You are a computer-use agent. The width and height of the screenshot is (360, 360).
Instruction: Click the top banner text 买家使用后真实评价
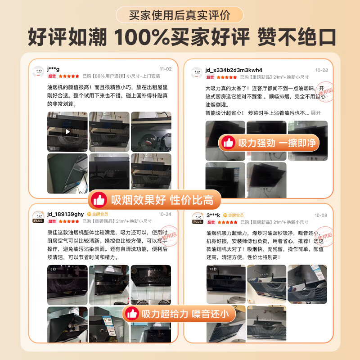(180, 15)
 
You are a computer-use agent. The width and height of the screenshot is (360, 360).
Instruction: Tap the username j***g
(53, 69)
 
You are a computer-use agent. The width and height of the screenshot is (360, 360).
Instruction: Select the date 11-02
(166, 69)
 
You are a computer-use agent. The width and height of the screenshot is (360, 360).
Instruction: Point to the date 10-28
(322, 70)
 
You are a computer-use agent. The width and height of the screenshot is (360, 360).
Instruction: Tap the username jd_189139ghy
(65, 214)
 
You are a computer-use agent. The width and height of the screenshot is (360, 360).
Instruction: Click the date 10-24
(165, 214)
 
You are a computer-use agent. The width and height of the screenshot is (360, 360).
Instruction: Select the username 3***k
(213, 215)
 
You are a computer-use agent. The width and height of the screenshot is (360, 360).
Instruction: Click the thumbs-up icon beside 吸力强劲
(228, 143)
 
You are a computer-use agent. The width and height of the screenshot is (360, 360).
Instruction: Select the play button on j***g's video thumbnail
(67, 131)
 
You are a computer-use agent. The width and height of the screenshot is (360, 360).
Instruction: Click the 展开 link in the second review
(316, 113)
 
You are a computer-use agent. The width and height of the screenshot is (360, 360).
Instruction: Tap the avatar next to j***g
(38, 72)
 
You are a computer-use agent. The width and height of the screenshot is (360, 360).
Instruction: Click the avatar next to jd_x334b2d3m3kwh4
(196, 73)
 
